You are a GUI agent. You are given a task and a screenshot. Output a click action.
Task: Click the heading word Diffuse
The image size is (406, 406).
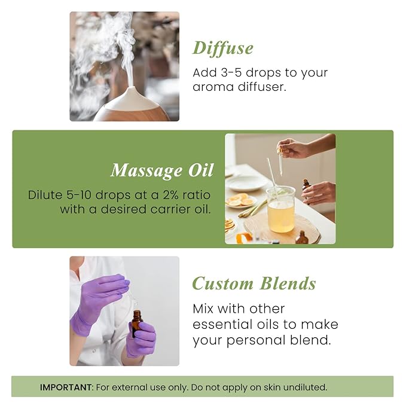(223, 48)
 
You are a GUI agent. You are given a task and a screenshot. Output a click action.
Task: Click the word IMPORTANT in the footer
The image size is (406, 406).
(66, 387)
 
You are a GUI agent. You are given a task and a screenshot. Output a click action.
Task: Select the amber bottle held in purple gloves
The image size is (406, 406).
(137, 323)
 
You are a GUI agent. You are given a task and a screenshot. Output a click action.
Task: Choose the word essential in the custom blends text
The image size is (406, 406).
(224, 325)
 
